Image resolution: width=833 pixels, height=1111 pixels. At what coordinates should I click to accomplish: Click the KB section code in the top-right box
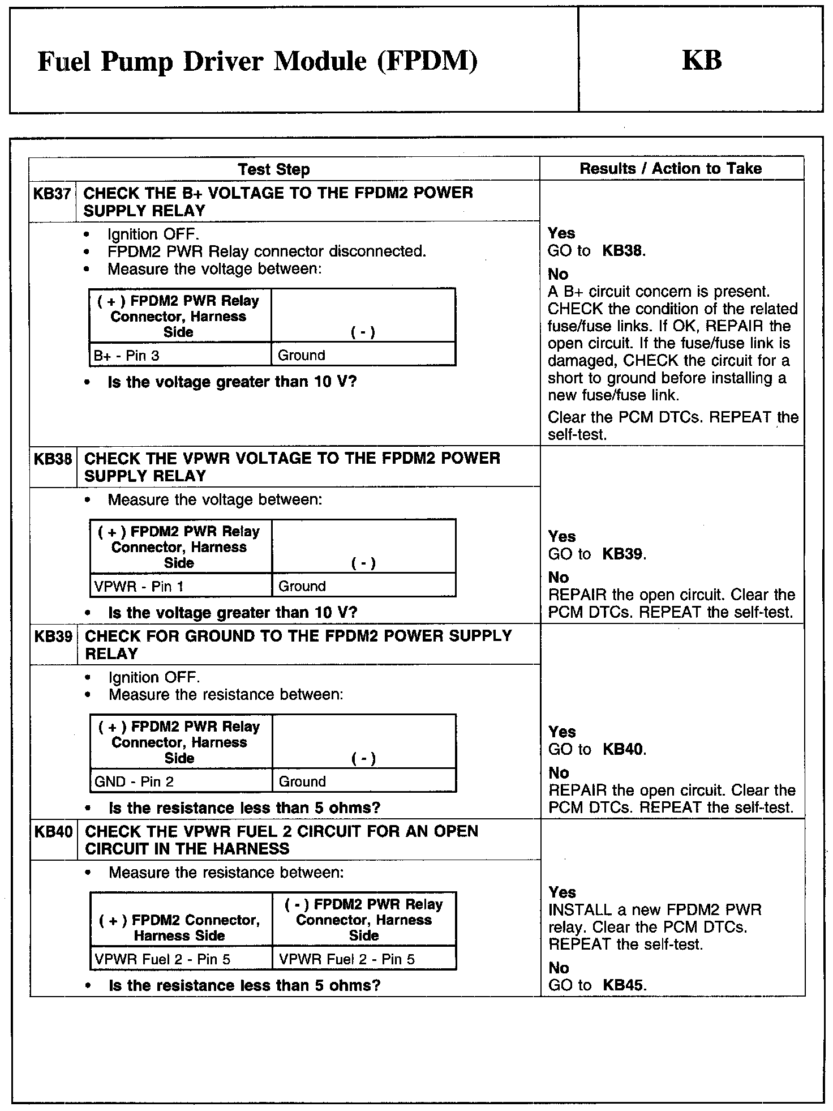click(702, 60)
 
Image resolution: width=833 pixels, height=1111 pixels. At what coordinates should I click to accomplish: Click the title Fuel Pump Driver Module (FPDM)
click(257, 62)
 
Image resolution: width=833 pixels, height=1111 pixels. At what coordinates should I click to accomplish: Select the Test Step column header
click(274, 169)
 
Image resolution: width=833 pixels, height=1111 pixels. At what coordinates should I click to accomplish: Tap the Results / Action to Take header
click(671, 168)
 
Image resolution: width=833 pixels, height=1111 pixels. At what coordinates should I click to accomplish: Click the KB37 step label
click(52, 194)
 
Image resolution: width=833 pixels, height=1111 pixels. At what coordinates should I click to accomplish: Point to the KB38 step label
click(53, 459)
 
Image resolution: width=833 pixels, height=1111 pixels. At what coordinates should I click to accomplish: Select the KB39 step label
click(53, 636)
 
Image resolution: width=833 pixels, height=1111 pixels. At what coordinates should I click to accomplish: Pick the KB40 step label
click(53, 832)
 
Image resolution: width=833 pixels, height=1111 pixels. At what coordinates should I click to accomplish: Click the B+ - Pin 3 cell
click(127, 356)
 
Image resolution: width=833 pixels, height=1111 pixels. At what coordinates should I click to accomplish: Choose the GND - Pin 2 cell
click(134, 781)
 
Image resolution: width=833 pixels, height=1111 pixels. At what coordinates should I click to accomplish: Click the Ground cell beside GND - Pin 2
click(302, 781)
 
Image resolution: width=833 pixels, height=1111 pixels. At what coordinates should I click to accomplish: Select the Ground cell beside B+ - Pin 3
click(301, 356)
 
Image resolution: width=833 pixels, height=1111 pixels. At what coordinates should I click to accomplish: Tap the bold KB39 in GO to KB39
click(623, 554)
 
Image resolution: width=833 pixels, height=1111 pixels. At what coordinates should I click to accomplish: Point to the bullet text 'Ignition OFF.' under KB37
click(153, 234)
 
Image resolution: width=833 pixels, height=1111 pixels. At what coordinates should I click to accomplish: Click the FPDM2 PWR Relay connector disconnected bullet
click(267, 251)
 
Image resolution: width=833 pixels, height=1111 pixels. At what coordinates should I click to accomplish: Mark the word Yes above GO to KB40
click(562, 732)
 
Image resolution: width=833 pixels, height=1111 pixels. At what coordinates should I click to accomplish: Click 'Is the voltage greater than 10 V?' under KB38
click(233, 613)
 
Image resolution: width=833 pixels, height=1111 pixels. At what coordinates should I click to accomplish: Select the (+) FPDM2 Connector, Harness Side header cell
click(180, 928)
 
